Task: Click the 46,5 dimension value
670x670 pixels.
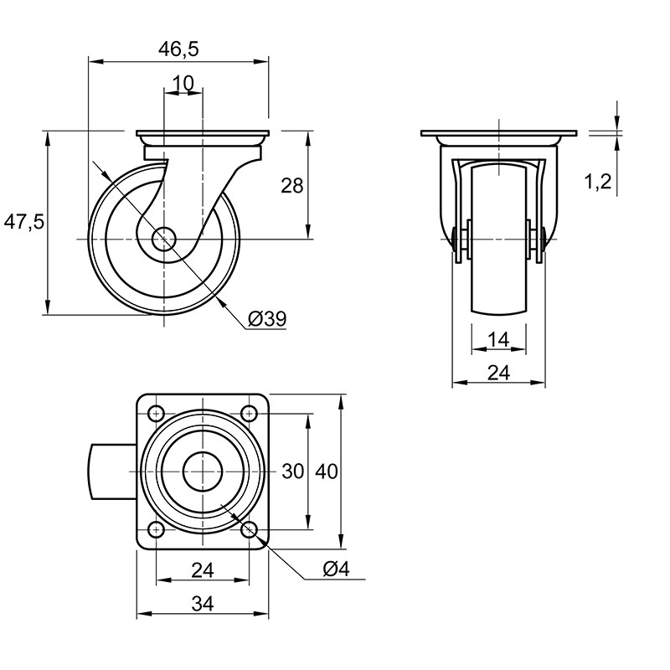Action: coord(178,49)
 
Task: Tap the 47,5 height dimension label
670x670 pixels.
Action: coord(24,222)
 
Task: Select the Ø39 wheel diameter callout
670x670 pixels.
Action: coord(267,318)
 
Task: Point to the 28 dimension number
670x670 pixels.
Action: coord(291,185)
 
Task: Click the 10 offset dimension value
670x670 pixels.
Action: coord(183,83)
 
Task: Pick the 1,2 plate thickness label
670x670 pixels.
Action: coord(598,182)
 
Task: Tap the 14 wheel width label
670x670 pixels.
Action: coord(498,340)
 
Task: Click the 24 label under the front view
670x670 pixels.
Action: coord(498,373)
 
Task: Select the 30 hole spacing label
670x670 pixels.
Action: coord(293,472)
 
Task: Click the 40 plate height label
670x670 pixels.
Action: coord(327,472)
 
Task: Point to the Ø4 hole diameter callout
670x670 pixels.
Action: coord(337,569)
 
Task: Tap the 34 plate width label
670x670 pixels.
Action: coord(203,604)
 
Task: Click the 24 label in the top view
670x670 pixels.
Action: coord(203,570)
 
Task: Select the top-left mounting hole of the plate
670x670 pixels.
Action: coord(157,413)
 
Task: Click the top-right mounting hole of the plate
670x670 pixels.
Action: coord(249,413)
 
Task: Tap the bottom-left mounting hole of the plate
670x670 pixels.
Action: coord(157,530)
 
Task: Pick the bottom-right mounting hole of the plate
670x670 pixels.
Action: coord(249,530)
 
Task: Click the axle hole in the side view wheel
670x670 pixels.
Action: coord(163,239)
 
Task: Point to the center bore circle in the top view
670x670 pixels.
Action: coord(203,472)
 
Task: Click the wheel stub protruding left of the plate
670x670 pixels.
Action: coord(114,472)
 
